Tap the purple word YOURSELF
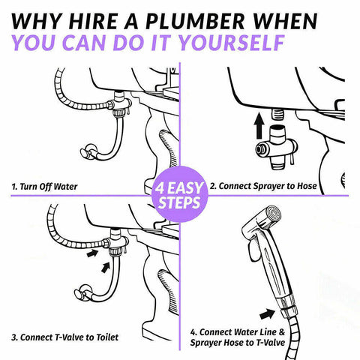pos(232,43)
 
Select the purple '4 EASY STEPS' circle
pos(180,194)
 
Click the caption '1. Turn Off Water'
pos(44,187)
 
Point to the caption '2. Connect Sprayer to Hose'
pos(263,186)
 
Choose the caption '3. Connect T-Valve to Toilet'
pos(64,337)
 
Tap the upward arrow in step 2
pos(259,126)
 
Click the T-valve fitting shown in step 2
pos(277,148)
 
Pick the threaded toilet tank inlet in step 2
pos(277,114)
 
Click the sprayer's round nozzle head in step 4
pos(273,213)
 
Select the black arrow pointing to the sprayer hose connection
pos(268,313)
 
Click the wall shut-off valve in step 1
pos(88,152)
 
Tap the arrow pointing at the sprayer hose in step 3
pos(92,253)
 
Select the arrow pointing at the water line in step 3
pos(106,268)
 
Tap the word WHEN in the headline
pos(285,21)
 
